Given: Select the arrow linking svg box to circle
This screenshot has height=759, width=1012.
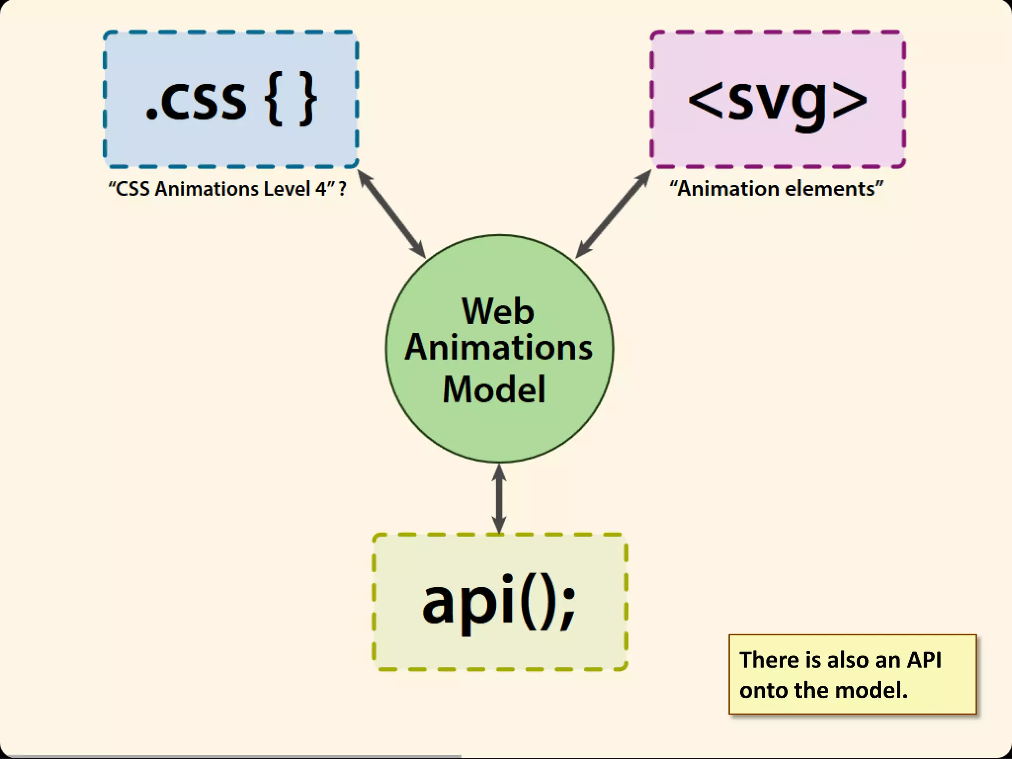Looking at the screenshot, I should click(613, 214).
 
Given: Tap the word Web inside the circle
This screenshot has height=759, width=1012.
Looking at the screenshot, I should click(498, 311).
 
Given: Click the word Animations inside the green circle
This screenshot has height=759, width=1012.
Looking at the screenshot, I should click(499, 347).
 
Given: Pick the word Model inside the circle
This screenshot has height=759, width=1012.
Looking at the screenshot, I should click(494, 389).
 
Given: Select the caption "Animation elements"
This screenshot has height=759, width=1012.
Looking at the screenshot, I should click(776, 189).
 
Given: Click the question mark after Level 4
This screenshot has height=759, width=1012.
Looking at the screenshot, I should click(342, 189).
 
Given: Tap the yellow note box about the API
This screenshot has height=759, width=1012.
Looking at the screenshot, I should click(852, 675).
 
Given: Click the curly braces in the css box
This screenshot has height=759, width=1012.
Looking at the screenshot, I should click(291, 99).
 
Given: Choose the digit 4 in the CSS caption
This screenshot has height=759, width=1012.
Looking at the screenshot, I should click(321, 189).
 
